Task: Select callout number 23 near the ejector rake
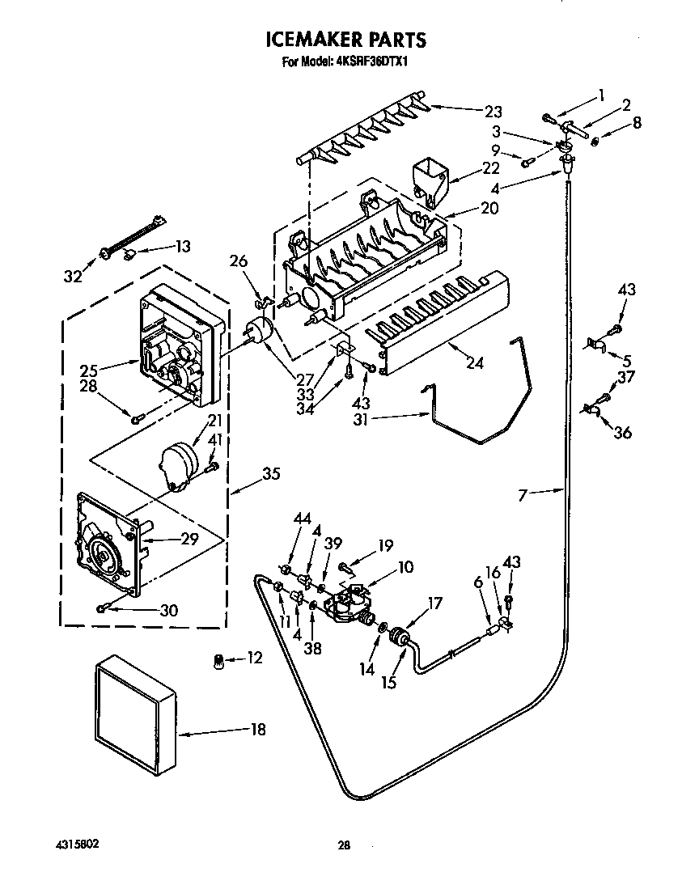(x=493, y=112)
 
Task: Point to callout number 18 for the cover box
(x=257, y=730)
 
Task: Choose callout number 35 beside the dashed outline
(x=271, y=474)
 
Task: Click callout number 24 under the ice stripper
(x=474, y=362)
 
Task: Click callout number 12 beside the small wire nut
(x=254, y=658)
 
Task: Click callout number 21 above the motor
(x=214, y=420)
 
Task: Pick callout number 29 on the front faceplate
(x=189, y=538)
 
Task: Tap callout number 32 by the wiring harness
(x=74, y=277)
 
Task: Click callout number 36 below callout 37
(x=622, y=432)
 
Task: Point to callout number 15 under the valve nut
(x=388, y=682)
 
